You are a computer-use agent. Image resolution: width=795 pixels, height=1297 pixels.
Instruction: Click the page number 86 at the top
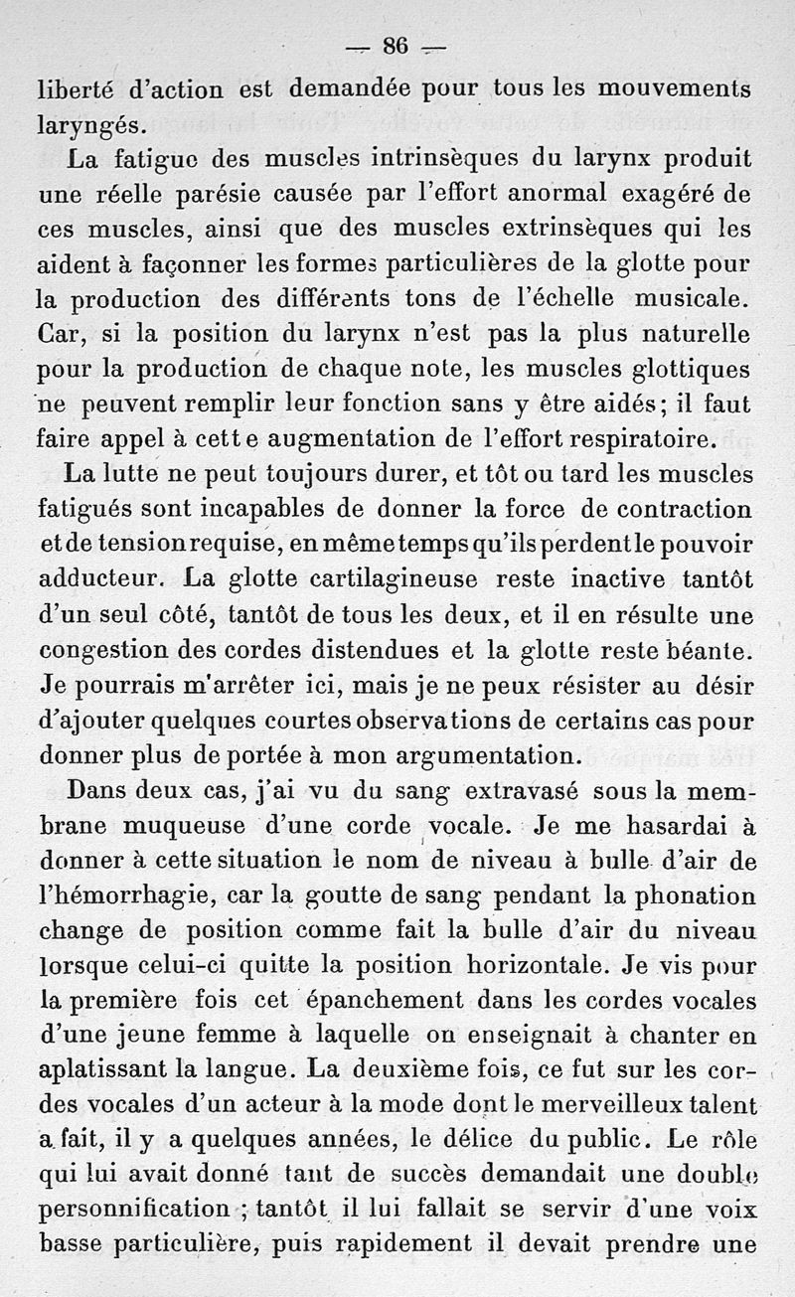(x=396, y=47)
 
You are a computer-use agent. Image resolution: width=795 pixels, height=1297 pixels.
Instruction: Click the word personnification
(x=133, y=1212)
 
